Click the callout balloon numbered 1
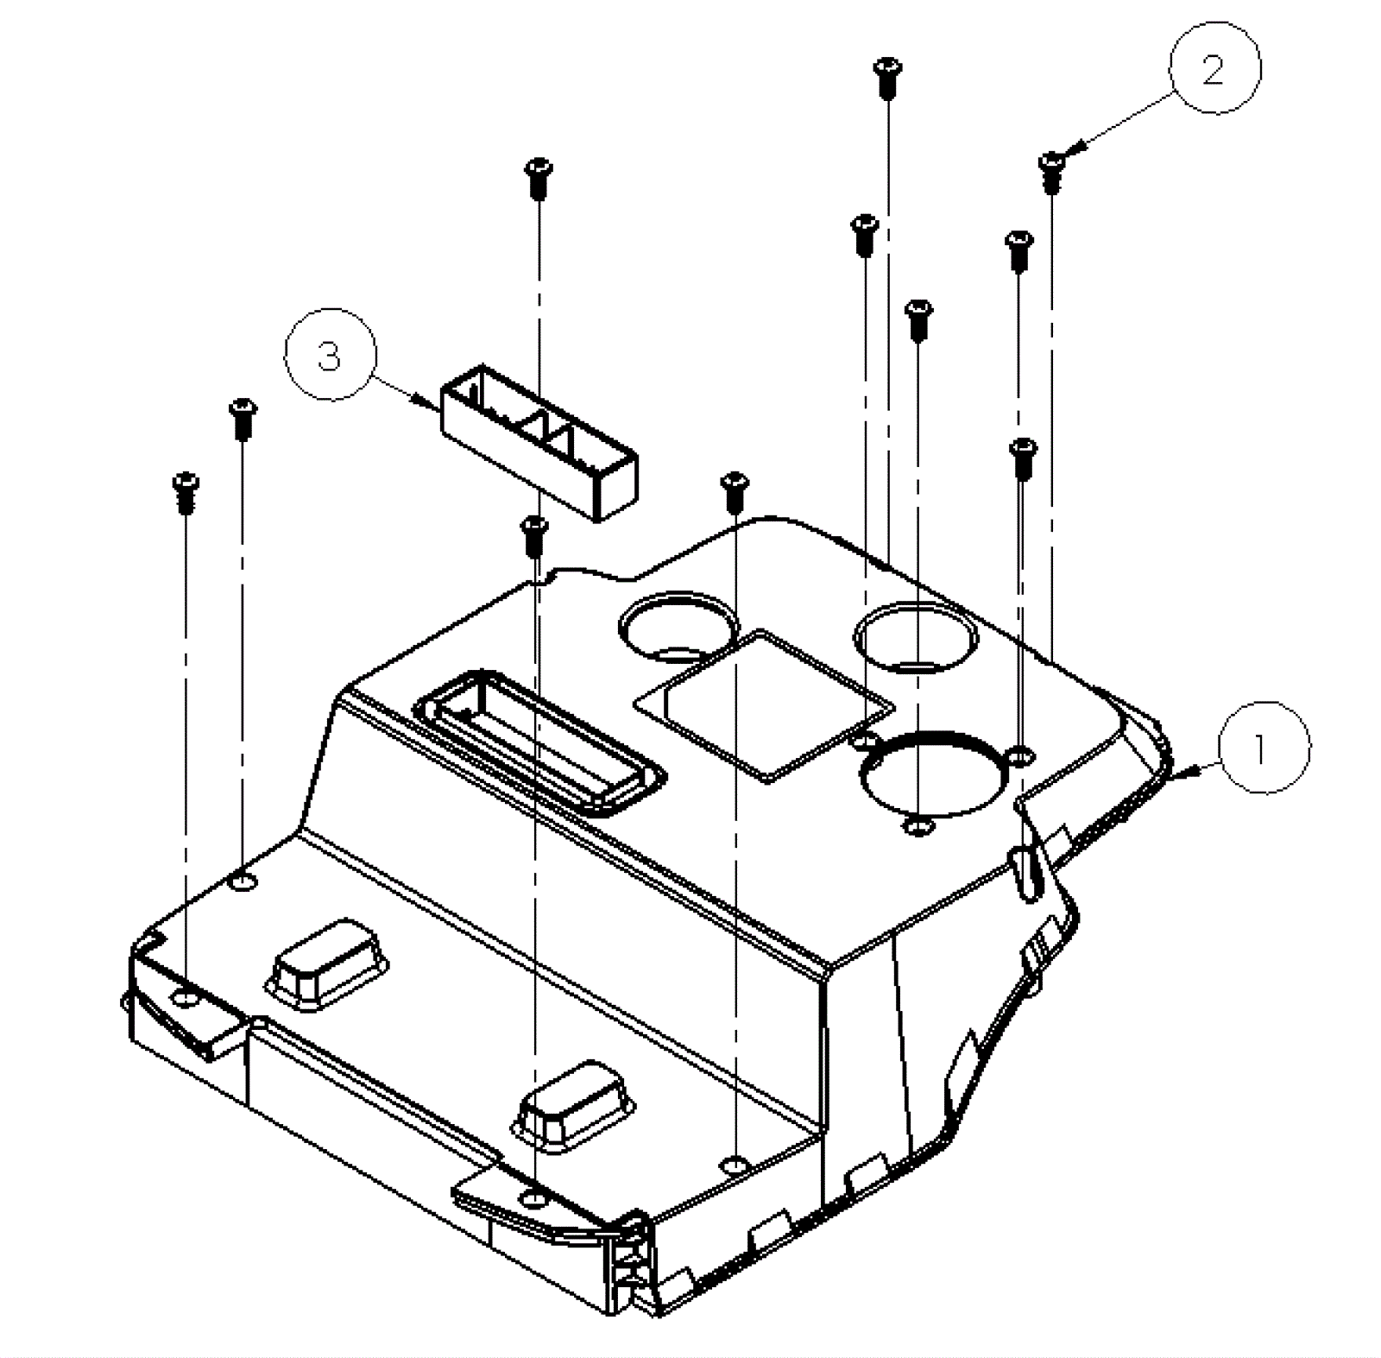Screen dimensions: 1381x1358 pos(1264,748)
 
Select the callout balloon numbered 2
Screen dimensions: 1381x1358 pos(1214,68)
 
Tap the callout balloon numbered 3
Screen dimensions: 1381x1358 pos(331,354)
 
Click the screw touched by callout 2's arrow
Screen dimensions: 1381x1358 pos(1050,172)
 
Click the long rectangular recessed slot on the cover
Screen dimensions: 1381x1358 pos(539,742)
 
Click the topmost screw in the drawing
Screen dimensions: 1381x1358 pos(886,77)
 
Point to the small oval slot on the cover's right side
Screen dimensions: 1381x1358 pos(1025,873)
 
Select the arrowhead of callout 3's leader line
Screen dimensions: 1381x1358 pos(426,402)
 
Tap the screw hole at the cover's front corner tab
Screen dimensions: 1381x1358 pos(536,1197)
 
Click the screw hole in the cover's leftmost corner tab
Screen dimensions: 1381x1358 pos(186,999)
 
